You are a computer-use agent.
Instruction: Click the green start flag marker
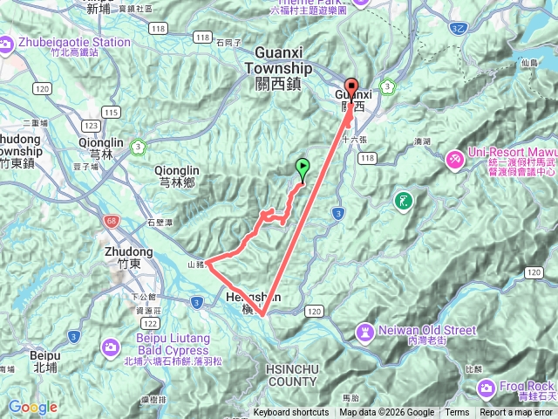[x=303, y=165]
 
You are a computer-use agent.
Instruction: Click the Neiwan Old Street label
[x=427, y=331]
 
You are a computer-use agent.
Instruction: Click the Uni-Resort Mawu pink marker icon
[x=455, y=160]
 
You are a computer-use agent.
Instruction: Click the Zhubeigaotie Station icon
[x=8, y=44]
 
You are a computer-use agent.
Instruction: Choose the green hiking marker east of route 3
[x=403, y=200]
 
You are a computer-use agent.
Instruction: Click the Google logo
[x=32, y=407]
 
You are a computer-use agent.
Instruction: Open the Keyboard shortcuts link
[x=291, y=413]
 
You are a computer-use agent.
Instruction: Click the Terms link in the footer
[x=457, y=413]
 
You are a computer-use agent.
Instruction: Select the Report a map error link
[x=517, y=413]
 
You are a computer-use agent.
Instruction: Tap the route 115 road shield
[x=111, y=112]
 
